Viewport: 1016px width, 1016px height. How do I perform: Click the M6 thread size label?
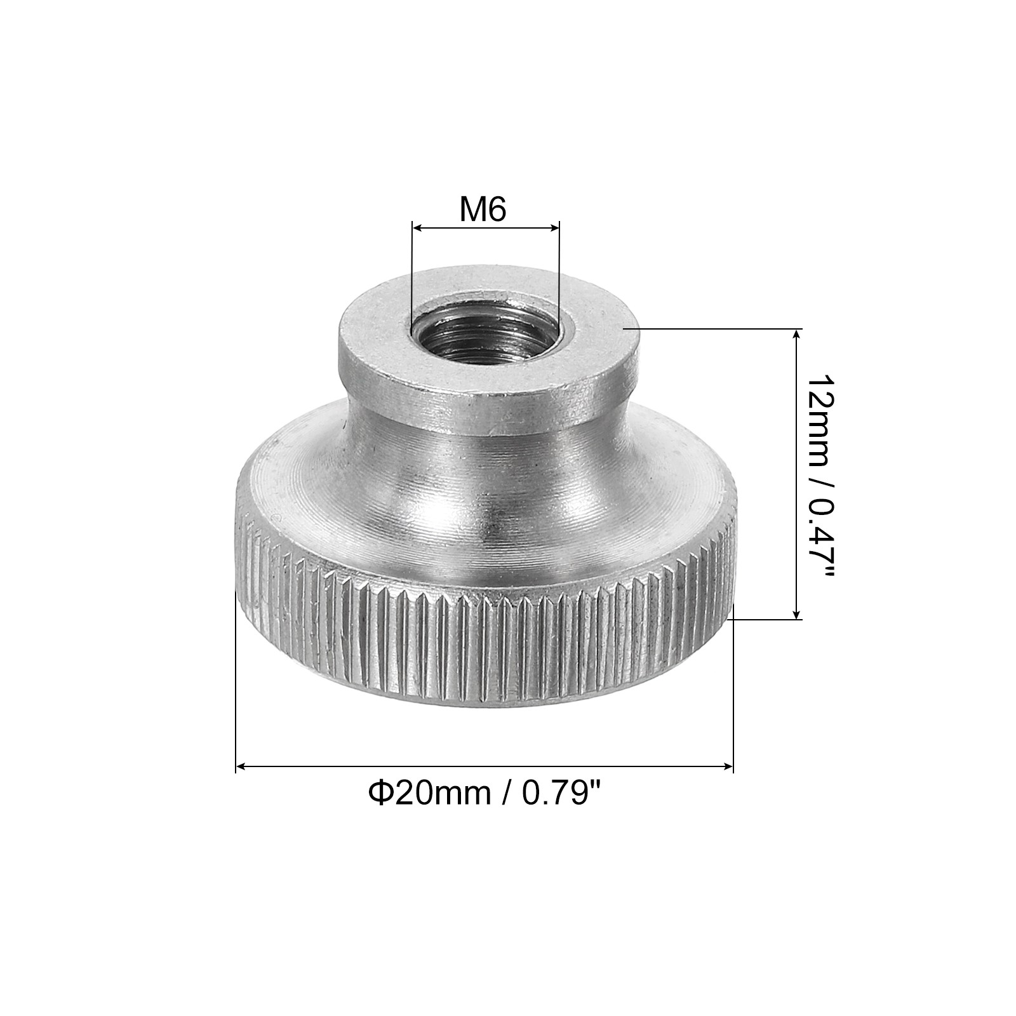[x=483, y=210]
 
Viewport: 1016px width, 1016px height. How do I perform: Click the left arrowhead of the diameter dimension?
[x=241, y=767]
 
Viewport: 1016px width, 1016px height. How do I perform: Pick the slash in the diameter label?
[x=506, y=793]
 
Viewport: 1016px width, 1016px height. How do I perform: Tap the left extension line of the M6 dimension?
[x=412, y=273]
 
